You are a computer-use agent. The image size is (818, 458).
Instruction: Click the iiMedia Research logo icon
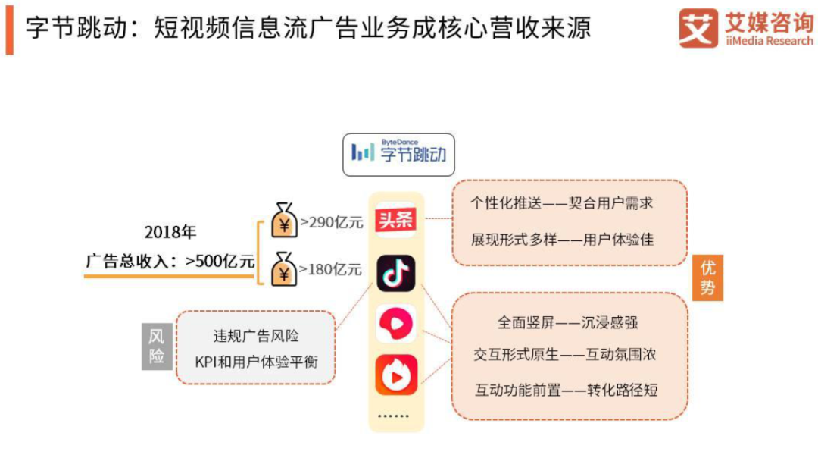pos(698,28)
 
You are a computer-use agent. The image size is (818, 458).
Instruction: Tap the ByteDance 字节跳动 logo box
pos(398,154)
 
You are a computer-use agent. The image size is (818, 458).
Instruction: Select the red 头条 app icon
pos(395,220)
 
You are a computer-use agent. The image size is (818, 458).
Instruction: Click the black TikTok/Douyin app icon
pos(395,272)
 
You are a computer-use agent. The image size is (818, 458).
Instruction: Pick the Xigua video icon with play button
pos(395,324)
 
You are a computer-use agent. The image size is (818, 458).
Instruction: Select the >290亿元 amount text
pos(332,223)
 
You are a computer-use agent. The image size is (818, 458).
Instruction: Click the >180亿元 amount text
pos(332,268)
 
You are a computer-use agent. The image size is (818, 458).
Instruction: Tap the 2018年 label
pos(170,232)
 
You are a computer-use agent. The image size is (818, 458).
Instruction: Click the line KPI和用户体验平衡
pos(257,362)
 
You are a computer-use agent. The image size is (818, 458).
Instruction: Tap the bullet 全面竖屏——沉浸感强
pos(567,322)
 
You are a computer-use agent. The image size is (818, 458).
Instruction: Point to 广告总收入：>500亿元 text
pos(170,262)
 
